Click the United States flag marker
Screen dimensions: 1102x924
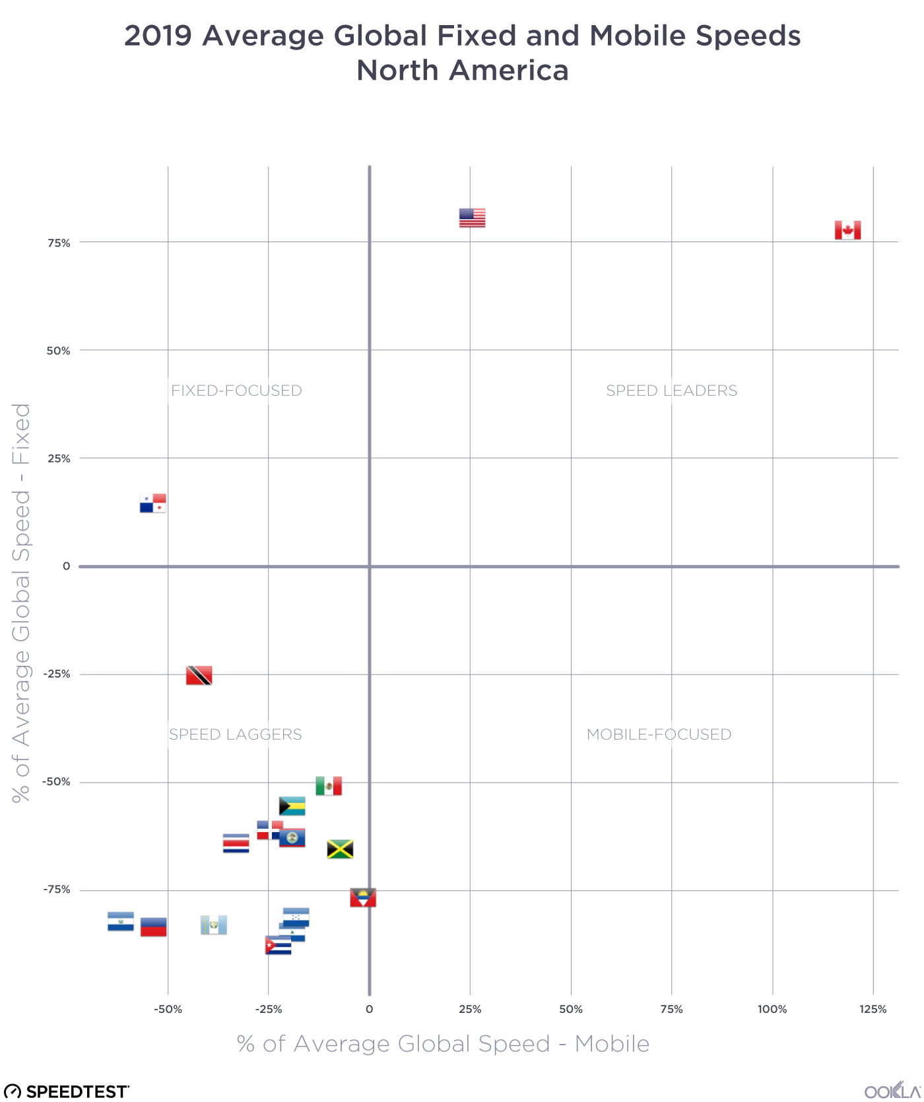pos(472,218)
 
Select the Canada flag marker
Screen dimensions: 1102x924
pos(847,230)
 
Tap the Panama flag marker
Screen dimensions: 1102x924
pos(152,503)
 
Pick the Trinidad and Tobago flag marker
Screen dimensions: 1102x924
pos(199,675)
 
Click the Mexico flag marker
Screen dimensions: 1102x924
pos(329,786)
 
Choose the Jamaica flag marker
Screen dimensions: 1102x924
pos(340,849)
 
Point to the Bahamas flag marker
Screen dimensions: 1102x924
pos(292,806)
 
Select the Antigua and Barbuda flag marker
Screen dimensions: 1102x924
pos(363,897)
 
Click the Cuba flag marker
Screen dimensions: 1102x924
pos(278,946)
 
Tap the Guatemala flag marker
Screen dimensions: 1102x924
pos(214,925)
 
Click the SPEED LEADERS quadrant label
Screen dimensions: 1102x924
pos(671,391)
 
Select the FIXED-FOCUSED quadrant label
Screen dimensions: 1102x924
pos(236,391)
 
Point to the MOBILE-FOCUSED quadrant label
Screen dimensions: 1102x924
pos(659,734)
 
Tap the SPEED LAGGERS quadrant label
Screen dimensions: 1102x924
pos(236,734)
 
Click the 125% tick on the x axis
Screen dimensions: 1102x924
pos(873,1009)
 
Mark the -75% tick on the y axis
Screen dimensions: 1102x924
pos(57,890)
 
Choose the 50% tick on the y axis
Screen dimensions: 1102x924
pos(58,350)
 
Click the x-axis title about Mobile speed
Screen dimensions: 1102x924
pos(443,1044)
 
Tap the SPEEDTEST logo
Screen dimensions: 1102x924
pos(67,1091)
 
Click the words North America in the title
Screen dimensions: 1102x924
pos(462,71)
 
